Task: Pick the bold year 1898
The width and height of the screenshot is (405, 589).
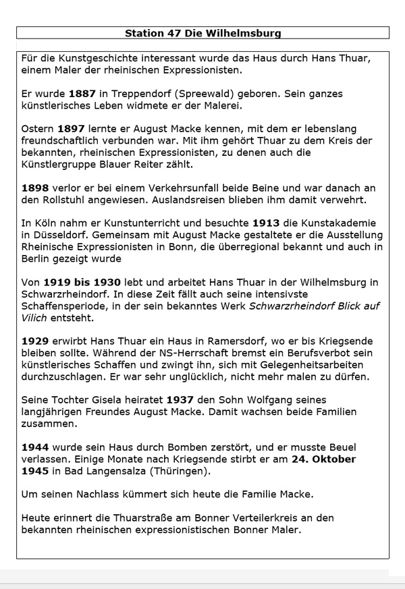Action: tap(36, 188)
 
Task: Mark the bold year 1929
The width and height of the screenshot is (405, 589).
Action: tap(36, 341)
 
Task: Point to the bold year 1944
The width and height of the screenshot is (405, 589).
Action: tap(36, 447)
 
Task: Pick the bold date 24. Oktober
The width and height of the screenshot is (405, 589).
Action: tap(322, 459)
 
